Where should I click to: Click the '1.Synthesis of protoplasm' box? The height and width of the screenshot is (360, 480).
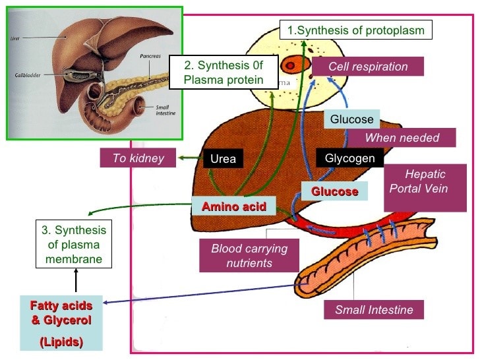[x=357, y=30]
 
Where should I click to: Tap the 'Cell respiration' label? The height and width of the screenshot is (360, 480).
[x=367, y=67]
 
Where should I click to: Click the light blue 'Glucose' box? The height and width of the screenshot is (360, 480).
[x=351, y=119]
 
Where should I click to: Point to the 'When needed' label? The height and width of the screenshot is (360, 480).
[x=401, y=138]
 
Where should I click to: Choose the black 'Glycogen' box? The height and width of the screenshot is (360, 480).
[x=349, y=158]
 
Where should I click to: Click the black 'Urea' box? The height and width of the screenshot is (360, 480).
[x=223, y=159]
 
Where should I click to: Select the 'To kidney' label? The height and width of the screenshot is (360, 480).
[x=138, y=158]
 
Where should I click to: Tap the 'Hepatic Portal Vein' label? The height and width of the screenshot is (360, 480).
[x=425, y=181]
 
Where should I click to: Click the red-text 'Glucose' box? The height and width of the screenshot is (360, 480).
[x=334, y=191]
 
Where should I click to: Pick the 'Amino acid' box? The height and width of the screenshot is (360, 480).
[x=233, y=206]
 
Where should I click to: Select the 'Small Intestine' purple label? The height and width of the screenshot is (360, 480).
[x=374, y=309]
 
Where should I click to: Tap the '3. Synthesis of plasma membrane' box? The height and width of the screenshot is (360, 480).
[x=73, y=245]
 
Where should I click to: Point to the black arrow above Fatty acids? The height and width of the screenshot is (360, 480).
[x=76, y=282]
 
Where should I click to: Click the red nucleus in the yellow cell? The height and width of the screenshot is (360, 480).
[x=291, y=65]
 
